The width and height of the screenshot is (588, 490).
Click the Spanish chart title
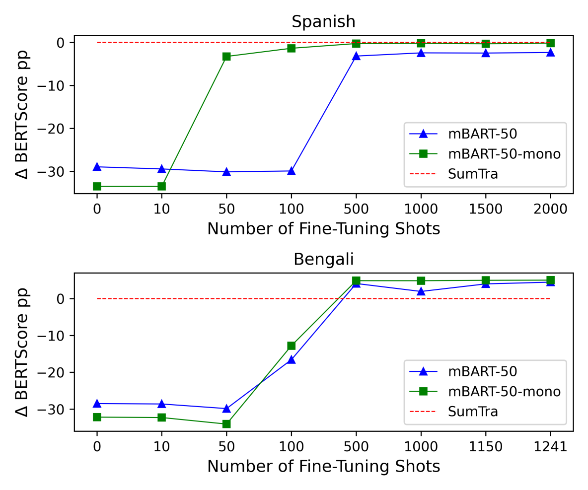(x=323, y=22)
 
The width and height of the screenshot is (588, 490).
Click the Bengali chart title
(x=323, y=259)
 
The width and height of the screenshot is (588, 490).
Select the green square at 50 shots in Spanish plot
(x=226, y=57)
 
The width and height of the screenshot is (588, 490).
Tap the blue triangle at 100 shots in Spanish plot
(x=291, y=171)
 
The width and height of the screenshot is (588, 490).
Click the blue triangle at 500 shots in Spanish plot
(x=356, y=56)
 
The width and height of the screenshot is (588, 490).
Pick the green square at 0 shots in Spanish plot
(x=97, y=186)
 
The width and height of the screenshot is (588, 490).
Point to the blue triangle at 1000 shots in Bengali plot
(x=421, y=291)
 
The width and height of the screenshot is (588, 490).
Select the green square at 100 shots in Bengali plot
(x=291, y=346)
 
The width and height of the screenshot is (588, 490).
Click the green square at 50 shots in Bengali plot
(x=226, y=424)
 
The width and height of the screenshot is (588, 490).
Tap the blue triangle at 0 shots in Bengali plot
(x=97, y=404)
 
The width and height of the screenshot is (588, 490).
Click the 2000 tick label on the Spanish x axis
(x=550, y=209)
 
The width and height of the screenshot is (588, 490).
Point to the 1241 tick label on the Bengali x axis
(x=550, y=447)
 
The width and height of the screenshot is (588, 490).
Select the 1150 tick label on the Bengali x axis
(x=485, y=447)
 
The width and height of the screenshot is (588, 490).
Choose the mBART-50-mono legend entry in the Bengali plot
(x=504, y=392)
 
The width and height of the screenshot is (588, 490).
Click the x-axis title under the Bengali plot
(x=323, y=467)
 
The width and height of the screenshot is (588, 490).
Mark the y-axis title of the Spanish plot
(x=22, y=114)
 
